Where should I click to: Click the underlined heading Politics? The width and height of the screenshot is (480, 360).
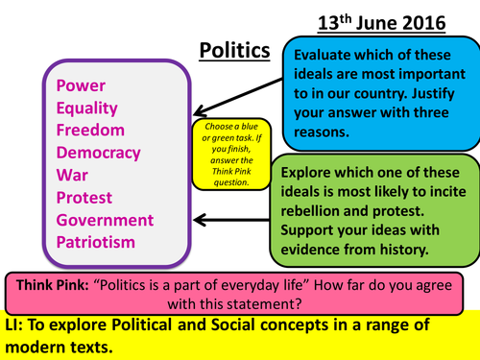coord(230,50)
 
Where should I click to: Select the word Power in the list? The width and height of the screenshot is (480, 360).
coord(80,85)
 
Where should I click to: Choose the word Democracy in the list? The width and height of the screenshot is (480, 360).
coord(99,152)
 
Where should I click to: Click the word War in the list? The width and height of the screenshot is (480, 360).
coord(72,175)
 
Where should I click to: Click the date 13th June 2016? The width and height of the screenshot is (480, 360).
coord(401,21)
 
